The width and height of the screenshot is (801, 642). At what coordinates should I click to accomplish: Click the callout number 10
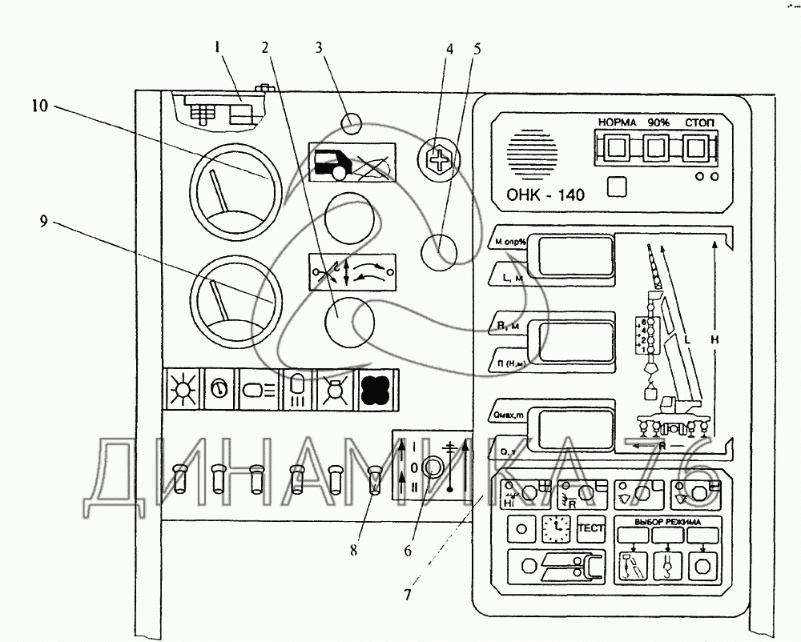(40, 106)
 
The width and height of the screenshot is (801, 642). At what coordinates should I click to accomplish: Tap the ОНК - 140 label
(545, 195)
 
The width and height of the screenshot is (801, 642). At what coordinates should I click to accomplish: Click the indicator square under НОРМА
(616, 147)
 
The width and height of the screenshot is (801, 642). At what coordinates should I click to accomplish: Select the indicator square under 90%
(656, 147)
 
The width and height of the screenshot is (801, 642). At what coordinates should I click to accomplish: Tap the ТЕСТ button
(591, 528)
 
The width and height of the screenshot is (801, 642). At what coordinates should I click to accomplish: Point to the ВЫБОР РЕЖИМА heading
(667, 523)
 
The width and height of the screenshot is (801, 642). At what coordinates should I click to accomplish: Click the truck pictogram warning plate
(352, 163)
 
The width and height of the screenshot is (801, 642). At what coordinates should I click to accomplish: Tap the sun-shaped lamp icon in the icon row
(180, 388)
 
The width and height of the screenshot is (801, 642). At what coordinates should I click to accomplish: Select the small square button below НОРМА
(616, 187)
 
